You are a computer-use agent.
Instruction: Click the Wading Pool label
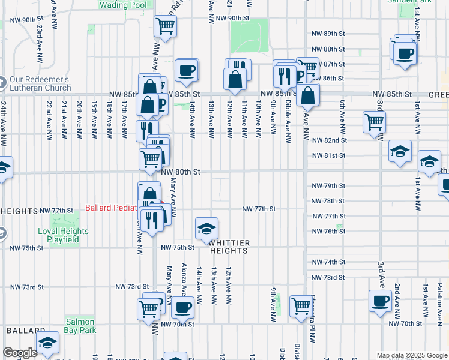tap(122, 5)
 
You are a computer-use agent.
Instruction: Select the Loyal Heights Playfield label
tap(64, 235)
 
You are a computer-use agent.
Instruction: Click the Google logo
tap(20, 353)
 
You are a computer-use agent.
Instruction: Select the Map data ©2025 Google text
tap(411, 355)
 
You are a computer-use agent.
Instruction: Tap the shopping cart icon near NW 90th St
tap(165, 26)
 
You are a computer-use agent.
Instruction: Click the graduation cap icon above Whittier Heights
tap(206, 229)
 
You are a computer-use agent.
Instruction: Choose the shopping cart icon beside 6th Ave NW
tap(375, 122)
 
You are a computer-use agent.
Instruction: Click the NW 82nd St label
tap(330, 140)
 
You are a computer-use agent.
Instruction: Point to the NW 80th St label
tap(181, 172)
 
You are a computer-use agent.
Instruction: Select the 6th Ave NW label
tap(342, 115)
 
